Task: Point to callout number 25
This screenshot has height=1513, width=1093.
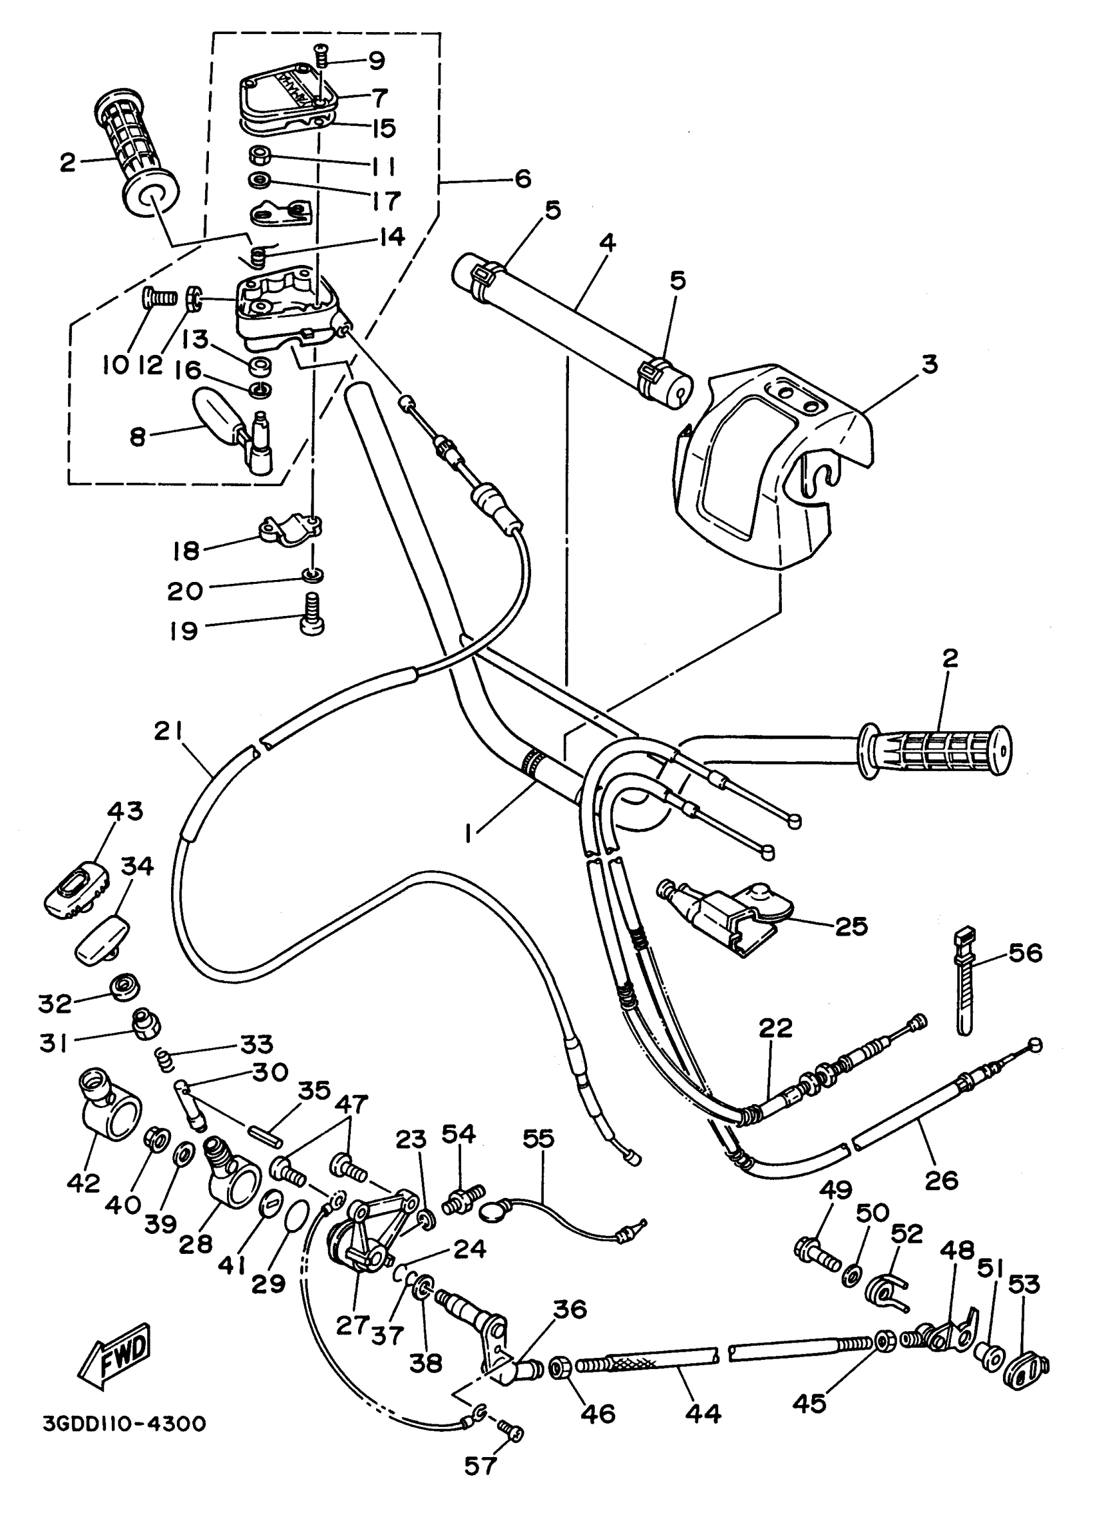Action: (x=853, y=927)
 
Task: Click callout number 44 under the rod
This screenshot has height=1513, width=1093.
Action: (x=703, y=1413)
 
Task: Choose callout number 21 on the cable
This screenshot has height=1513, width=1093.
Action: (x=167, y=732)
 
